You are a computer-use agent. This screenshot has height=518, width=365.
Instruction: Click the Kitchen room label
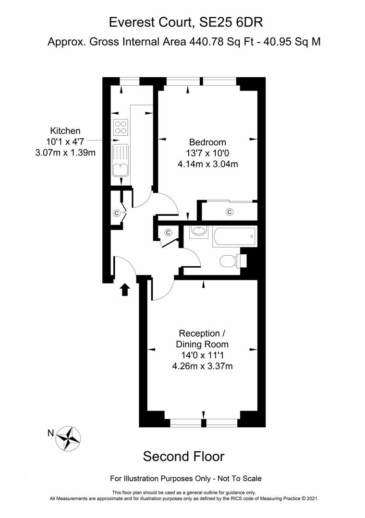tap(66, 130)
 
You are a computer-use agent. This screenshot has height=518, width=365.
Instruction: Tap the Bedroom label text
tap(207, 142)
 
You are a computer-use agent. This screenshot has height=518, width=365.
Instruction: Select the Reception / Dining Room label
tap(202, 339)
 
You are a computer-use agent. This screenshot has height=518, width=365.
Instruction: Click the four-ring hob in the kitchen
tap(121, 127)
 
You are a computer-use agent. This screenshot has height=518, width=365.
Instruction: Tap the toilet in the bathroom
tap(230, 261)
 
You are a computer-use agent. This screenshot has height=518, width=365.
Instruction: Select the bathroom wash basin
tap(197, 232)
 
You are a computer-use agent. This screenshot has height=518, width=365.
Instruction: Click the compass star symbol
tap(68, 438)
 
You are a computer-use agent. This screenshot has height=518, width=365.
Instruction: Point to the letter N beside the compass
tap(50, 433)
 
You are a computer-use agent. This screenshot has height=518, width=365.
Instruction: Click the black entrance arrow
tap(125, 289)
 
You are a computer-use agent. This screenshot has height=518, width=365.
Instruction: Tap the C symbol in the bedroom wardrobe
tap(230, 212)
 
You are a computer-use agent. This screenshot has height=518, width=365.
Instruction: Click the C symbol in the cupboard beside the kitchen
tap(116, 212)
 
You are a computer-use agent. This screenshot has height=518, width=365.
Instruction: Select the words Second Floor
tap(183, 456)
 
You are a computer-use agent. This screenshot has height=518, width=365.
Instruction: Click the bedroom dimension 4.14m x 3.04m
tap(207, 164)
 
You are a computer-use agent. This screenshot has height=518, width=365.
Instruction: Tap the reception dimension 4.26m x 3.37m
tap(202, 366)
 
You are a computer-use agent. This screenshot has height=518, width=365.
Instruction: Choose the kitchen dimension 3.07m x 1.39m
tap(66, 153)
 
